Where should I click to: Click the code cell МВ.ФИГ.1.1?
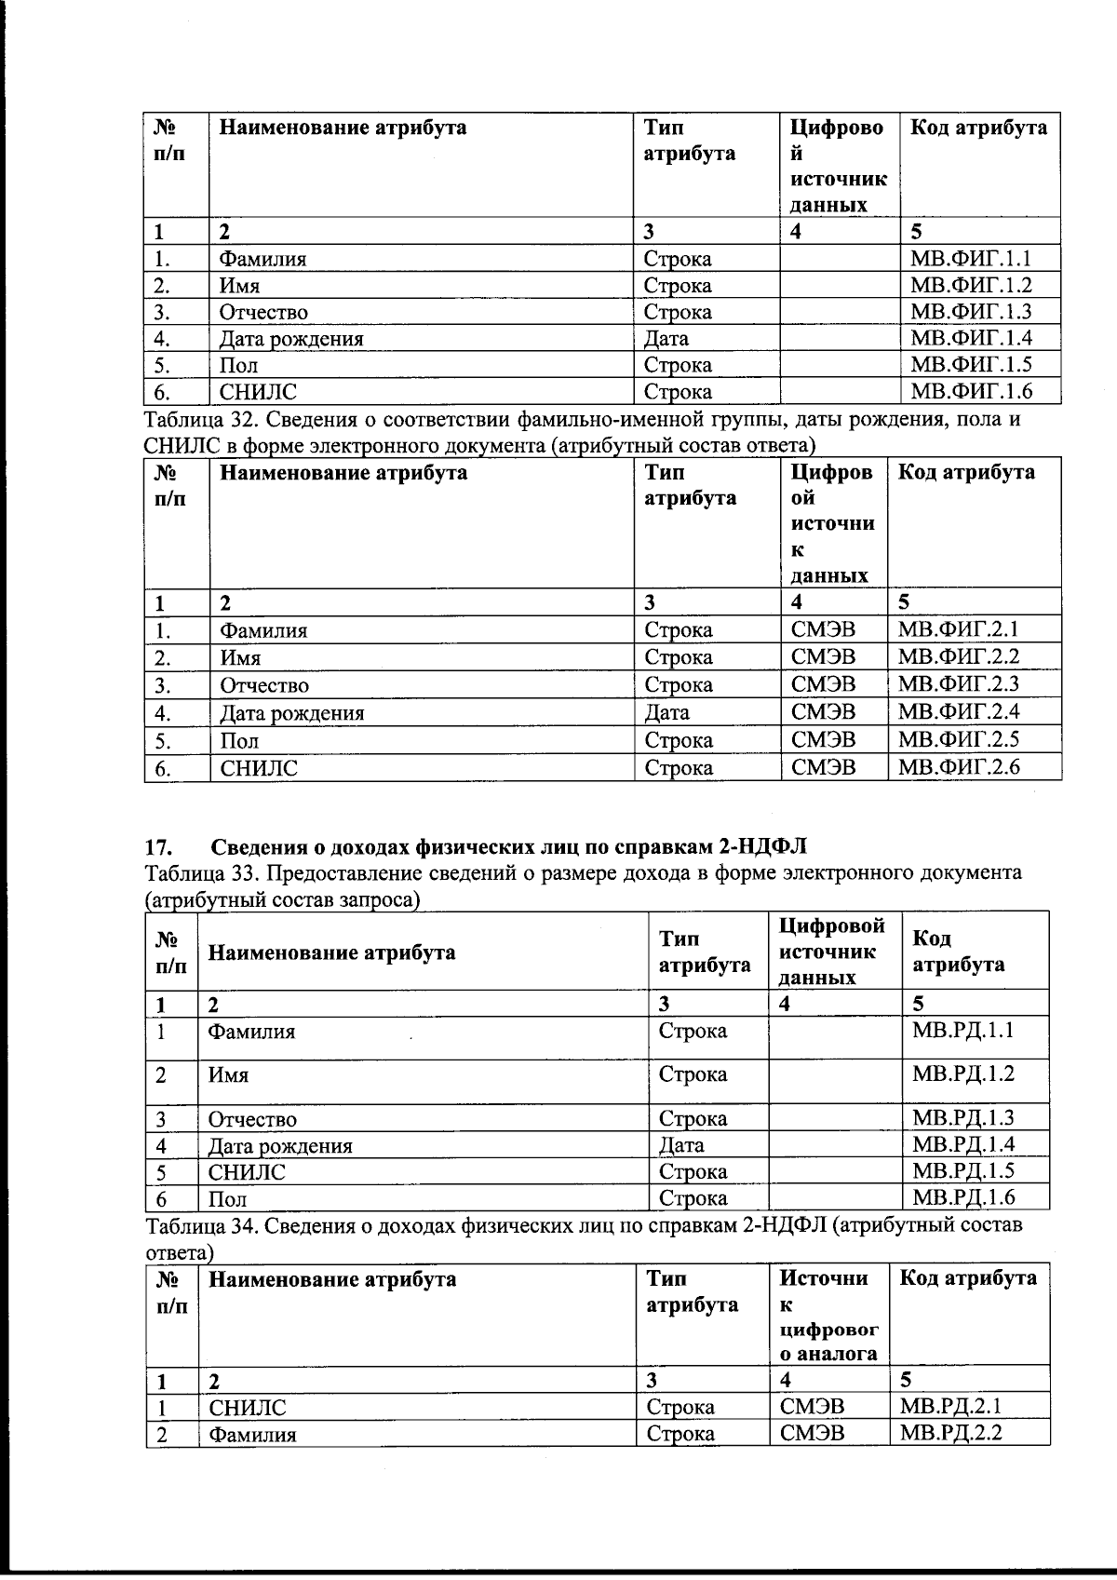click(971, 259)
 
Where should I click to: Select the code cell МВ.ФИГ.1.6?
click(971, 391)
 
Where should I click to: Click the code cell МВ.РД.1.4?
click(963, 1144)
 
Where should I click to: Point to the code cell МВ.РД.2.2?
click(951, 1433)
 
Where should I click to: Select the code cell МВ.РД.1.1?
click(963, 1031)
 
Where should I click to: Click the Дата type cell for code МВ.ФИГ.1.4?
click(666, 339)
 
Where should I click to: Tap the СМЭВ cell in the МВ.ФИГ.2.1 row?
click(823, 630)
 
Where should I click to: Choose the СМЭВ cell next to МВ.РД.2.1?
click(812, 1407)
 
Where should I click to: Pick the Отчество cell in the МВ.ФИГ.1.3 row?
click(263, 313)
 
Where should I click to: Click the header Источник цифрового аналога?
click(827, 1316)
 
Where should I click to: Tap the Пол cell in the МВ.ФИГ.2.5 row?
click(239, 741)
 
